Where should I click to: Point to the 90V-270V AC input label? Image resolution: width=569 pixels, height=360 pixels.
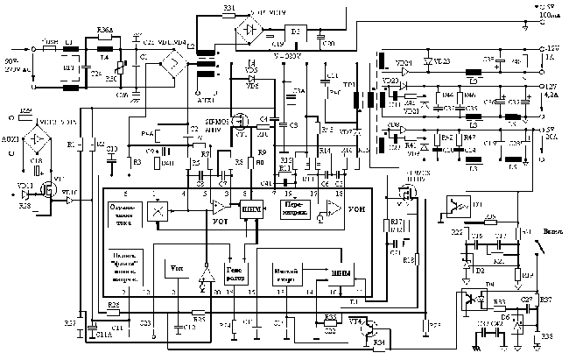point(15,62)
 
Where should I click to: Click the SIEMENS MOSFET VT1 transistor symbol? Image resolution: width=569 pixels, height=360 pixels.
point(239,123)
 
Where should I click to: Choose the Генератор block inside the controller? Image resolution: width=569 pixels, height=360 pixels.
point(237,271)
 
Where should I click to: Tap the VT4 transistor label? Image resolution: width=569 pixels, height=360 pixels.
point(357,322)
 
